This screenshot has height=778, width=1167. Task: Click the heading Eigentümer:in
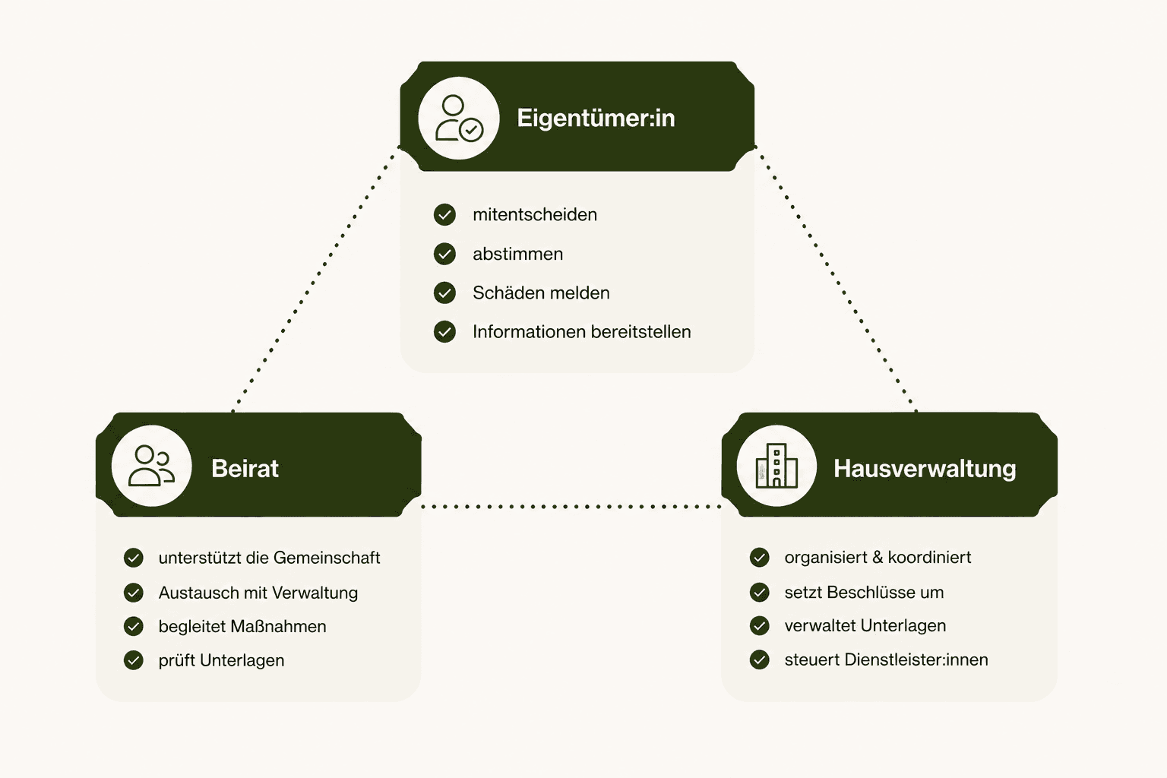click(596, 119)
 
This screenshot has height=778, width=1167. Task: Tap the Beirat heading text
click(245, 469)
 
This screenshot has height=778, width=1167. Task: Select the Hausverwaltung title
click(925, 469)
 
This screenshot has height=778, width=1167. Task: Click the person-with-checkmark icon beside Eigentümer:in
click(459, 119)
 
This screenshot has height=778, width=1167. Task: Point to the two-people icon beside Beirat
click(152, 466)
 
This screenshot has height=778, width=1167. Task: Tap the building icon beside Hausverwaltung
click(776, 466)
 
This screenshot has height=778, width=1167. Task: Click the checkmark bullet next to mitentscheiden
click(444, 215)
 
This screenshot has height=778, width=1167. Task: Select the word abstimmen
click(518, 255)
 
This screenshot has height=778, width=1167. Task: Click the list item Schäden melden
click(541, 293)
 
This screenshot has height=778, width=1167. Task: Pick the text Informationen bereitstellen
click(582, 332)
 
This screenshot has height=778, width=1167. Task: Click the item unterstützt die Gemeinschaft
click(270, 558)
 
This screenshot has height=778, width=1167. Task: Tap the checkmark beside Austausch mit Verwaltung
click(134, 593)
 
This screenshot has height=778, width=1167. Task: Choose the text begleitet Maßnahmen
click(242, 626)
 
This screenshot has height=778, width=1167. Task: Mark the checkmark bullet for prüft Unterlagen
click(134, 660)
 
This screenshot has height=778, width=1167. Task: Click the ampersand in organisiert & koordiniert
click(878, 557)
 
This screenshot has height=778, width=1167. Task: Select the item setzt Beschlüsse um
click(864, 593)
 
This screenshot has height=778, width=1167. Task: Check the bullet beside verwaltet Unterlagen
click(760, 626)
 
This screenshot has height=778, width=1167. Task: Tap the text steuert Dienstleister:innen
click(886, 659)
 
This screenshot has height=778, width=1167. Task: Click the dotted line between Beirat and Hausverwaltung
click(571, 507)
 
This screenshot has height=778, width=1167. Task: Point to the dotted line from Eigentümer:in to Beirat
click(316, 280)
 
